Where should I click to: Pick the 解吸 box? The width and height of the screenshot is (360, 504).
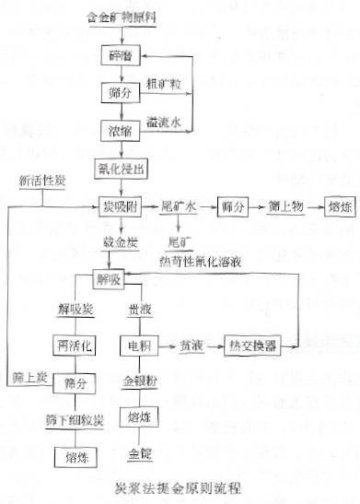[x=107, y=277]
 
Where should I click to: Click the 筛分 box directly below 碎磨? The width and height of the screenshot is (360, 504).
[x=115, y=91]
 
